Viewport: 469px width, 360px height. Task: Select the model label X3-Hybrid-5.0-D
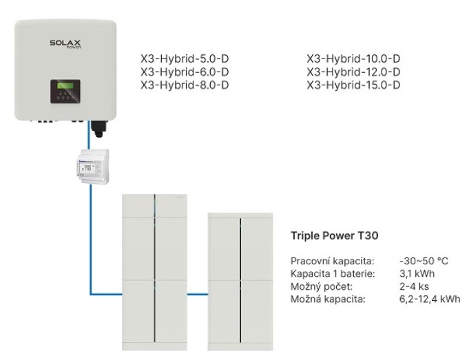(185, 59)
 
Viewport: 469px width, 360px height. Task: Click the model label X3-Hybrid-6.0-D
(185, 72)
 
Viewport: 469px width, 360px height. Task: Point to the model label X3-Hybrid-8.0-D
(185, 85)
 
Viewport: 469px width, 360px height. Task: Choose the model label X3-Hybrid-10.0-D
(353, 59)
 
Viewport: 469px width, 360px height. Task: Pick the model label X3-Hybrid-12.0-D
(353, 72)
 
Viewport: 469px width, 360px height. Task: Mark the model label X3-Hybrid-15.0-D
(353, 85)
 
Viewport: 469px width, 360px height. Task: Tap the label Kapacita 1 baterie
(334, 274)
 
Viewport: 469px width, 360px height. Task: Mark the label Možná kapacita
(328, 299)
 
